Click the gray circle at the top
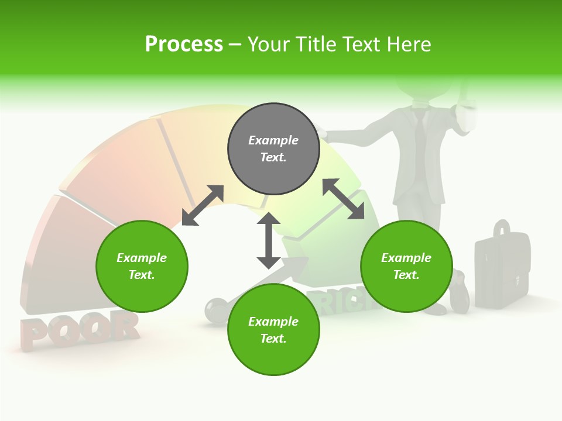[273, 149]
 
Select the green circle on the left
[142, 266]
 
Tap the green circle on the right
[406, 266]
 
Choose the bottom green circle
[273, 330]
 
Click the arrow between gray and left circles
[203, 205]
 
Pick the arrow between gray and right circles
[343, 199]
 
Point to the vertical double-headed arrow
[269, 240]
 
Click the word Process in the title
[184, 44]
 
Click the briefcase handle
[501, 230]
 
